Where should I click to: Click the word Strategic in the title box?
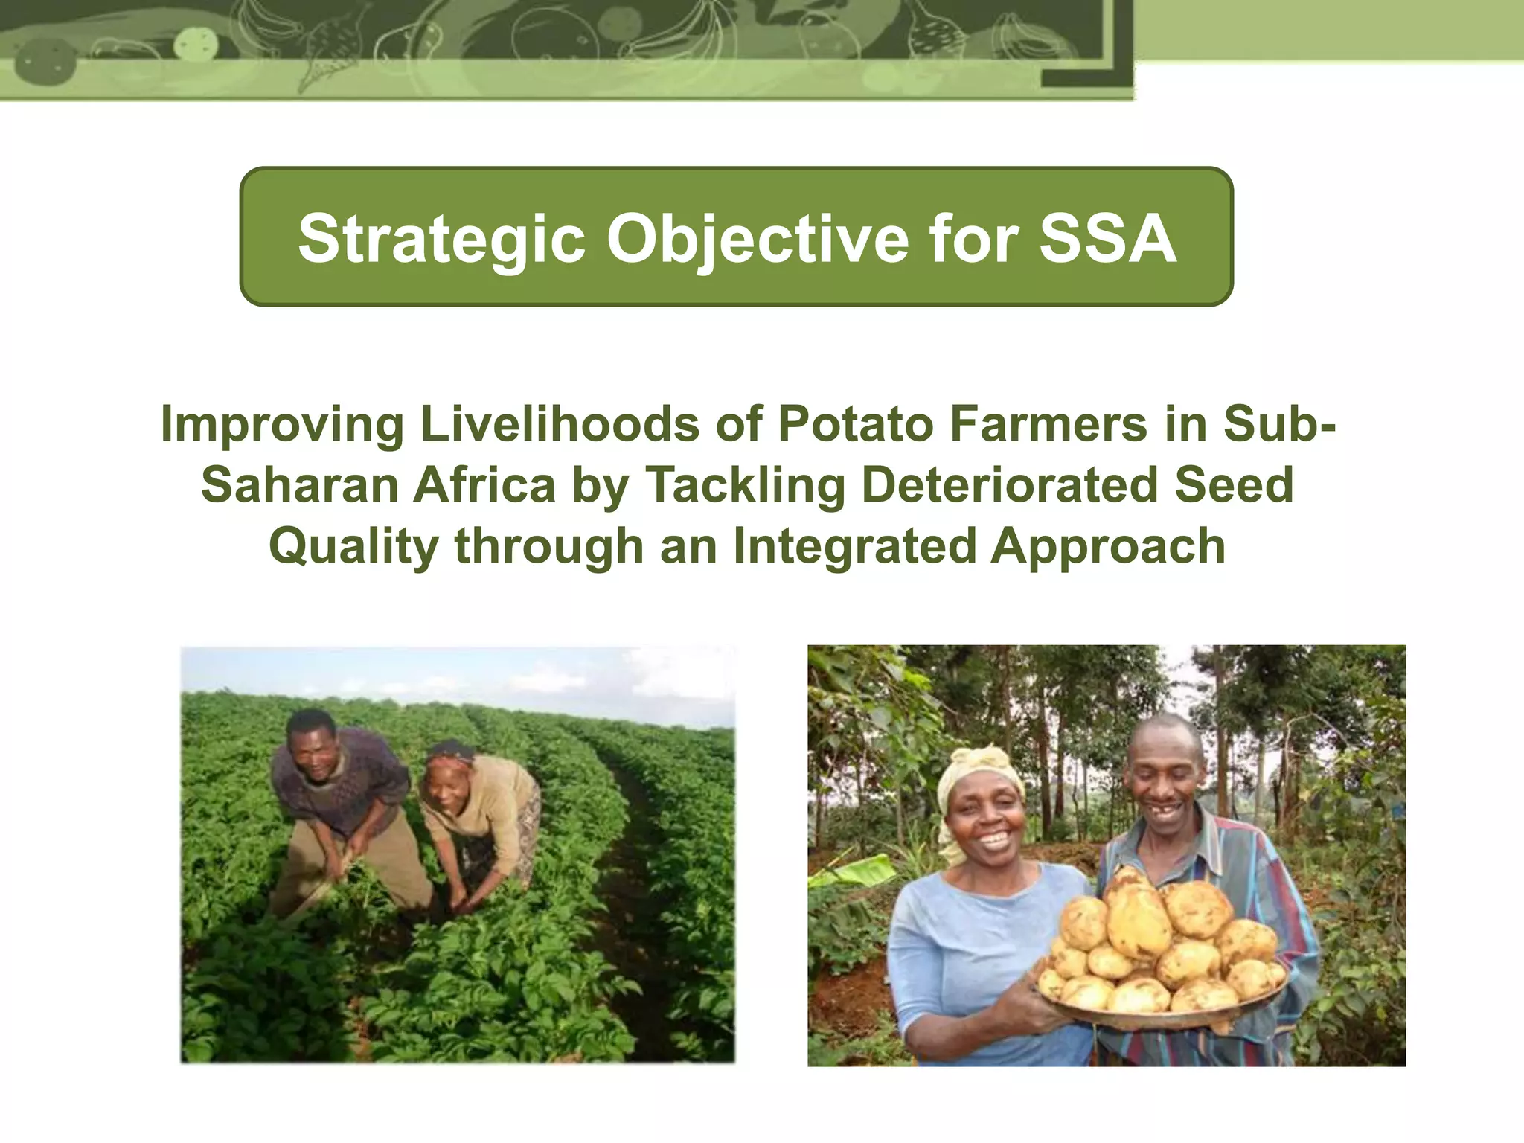(x=441, y=240)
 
